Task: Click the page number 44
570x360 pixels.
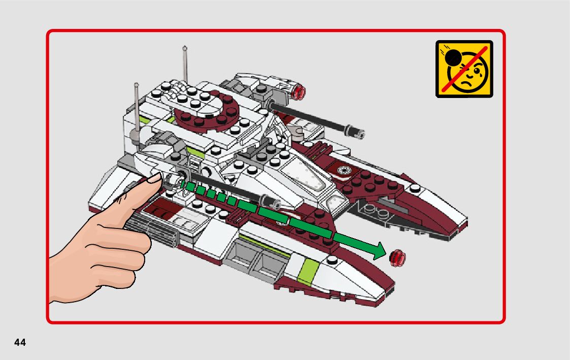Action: (20, 343)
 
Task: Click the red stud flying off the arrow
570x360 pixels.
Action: (397, 257)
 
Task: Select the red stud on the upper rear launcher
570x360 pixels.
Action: (300, 92)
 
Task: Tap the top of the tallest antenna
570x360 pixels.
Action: (185, 49)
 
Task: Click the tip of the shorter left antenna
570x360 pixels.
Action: (137, 84)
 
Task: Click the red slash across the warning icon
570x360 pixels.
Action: (464, 69)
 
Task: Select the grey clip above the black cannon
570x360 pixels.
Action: (298, 134)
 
